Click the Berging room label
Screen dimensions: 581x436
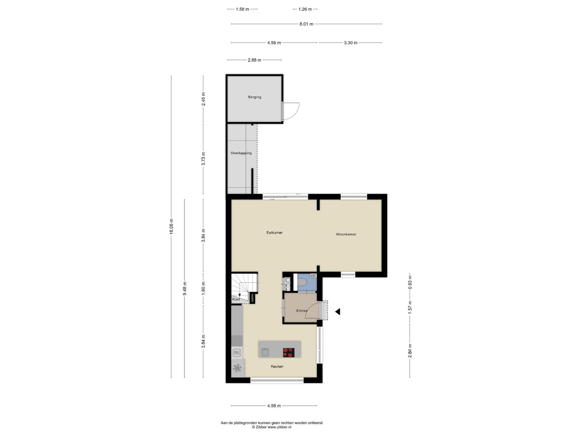[x=255, y=97]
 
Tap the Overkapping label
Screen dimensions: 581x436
[x=241, y=153]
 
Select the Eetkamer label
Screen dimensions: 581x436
[x=274, y=233]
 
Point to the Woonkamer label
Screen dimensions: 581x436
[x=346, y=234]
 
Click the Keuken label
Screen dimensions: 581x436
[x=277, y=366]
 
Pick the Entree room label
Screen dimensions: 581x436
[x=301, y=311]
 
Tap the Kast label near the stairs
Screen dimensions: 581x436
[x=236, y=299]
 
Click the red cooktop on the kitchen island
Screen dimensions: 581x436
[x=288, y=352]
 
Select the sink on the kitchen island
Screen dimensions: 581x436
[x=265, y=352]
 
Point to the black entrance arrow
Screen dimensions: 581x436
[x=337, y=312]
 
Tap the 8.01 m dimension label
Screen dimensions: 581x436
[x=306, y=24]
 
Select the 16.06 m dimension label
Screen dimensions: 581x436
[x=171, y=226]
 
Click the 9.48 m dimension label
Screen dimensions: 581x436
[x=184, y=288]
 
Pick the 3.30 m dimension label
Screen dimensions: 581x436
[x=350, y=43]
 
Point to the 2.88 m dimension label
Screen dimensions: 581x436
[x=254, y=60]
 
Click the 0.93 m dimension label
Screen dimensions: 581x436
[x=410, y=282]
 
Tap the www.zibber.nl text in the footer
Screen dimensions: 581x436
[x=279, y=427]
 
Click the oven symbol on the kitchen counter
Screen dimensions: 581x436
[x=236, y=352]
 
